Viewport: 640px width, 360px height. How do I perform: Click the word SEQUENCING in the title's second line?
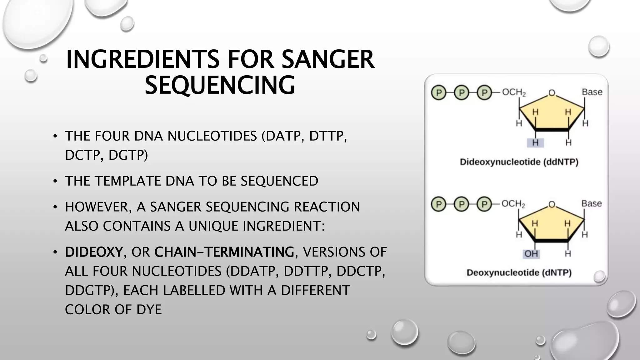coord(220,85)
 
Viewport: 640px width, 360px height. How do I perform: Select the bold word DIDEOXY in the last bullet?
coord(93,252)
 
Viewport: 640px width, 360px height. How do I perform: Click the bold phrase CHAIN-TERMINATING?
coord(224,252)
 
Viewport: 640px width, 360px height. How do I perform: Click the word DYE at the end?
coord(149,310)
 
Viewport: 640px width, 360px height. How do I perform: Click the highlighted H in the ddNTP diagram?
coord(535,143)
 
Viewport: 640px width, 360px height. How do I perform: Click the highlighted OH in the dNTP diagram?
coord(531,254)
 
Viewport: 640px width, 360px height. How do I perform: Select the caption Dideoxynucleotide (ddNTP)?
coord(519,162)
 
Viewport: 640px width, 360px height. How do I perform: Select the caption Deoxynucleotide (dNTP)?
coord(519,273)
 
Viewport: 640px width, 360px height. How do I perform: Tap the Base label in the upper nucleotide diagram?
coord(592,92)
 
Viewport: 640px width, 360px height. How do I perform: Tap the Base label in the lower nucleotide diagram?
coord(591,204)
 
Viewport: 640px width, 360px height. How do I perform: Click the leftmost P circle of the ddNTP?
coord(439,93)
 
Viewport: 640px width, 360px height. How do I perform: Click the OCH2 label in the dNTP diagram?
coord(513,204)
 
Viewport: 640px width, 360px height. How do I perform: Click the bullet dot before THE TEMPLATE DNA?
coord(55,181)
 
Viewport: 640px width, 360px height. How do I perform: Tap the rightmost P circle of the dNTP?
coord(484,204)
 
